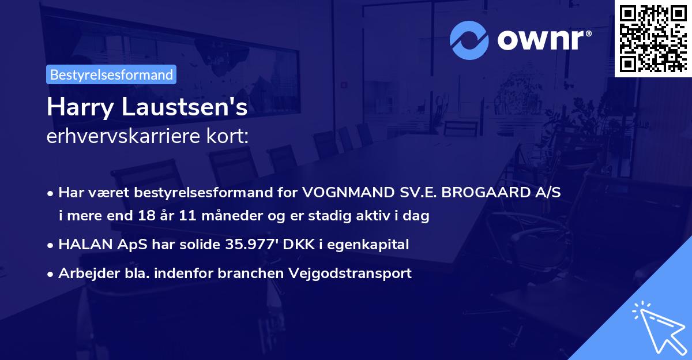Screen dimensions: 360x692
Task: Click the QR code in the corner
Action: pos(653,38)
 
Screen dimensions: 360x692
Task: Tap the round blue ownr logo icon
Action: pos(469,40)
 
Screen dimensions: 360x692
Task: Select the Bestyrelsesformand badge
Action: pos(111,74)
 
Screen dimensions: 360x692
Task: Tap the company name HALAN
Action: pos(81,245)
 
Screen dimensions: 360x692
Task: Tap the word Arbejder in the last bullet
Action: pos(84,273)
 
